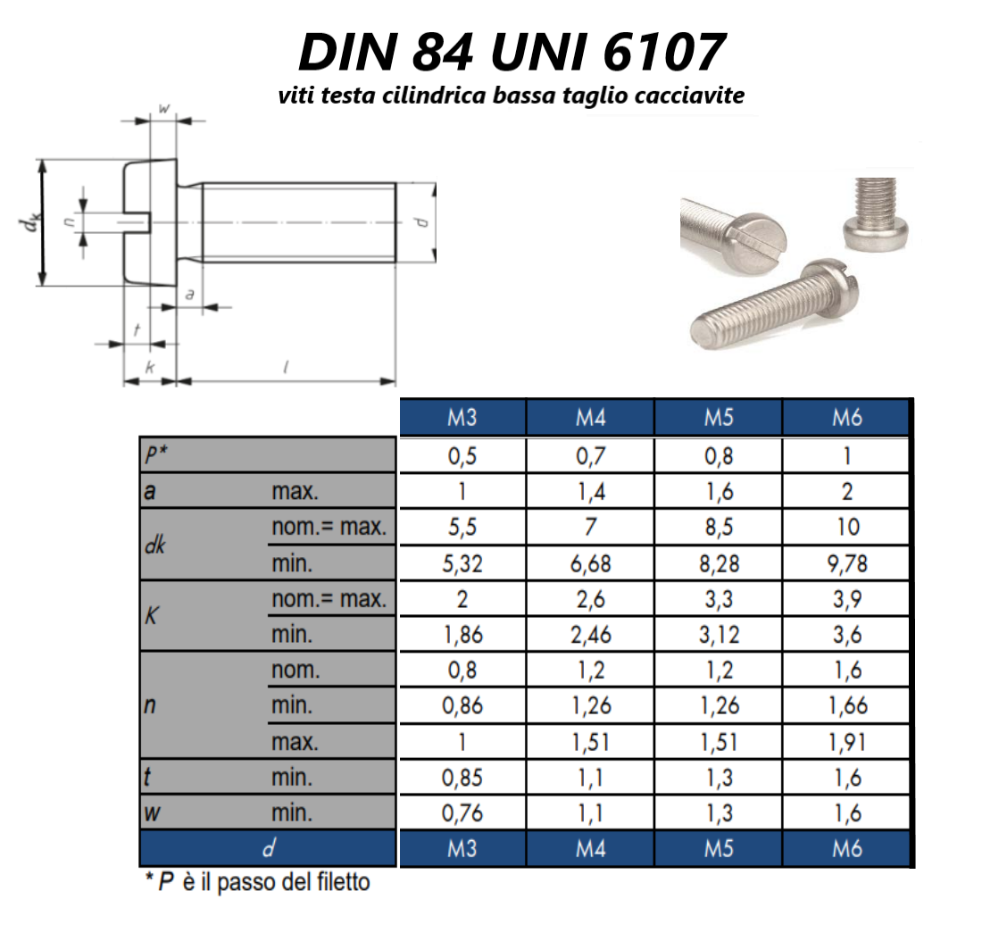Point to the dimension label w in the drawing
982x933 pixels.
tap(164, 108)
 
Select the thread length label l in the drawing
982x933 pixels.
tap(285, 366)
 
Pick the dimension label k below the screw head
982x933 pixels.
tap(149, 367)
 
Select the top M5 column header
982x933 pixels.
tap(718, 418)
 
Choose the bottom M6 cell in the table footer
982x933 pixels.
tap(846, 848)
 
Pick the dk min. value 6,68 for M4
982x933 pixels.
tap(589, 563)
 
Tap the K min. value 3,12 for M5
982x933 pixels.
tap(718, 635)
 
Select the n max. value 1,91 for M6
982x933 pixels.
tap(846, 742)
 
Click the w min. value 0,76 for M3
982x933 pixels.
tap(462, 813)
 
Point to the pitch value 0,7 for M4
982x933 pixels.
tap(589, 456)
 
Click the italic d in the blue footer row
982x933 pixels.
tap(268, 848)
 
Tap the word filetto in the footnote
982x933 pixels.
tap(338, 884)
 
